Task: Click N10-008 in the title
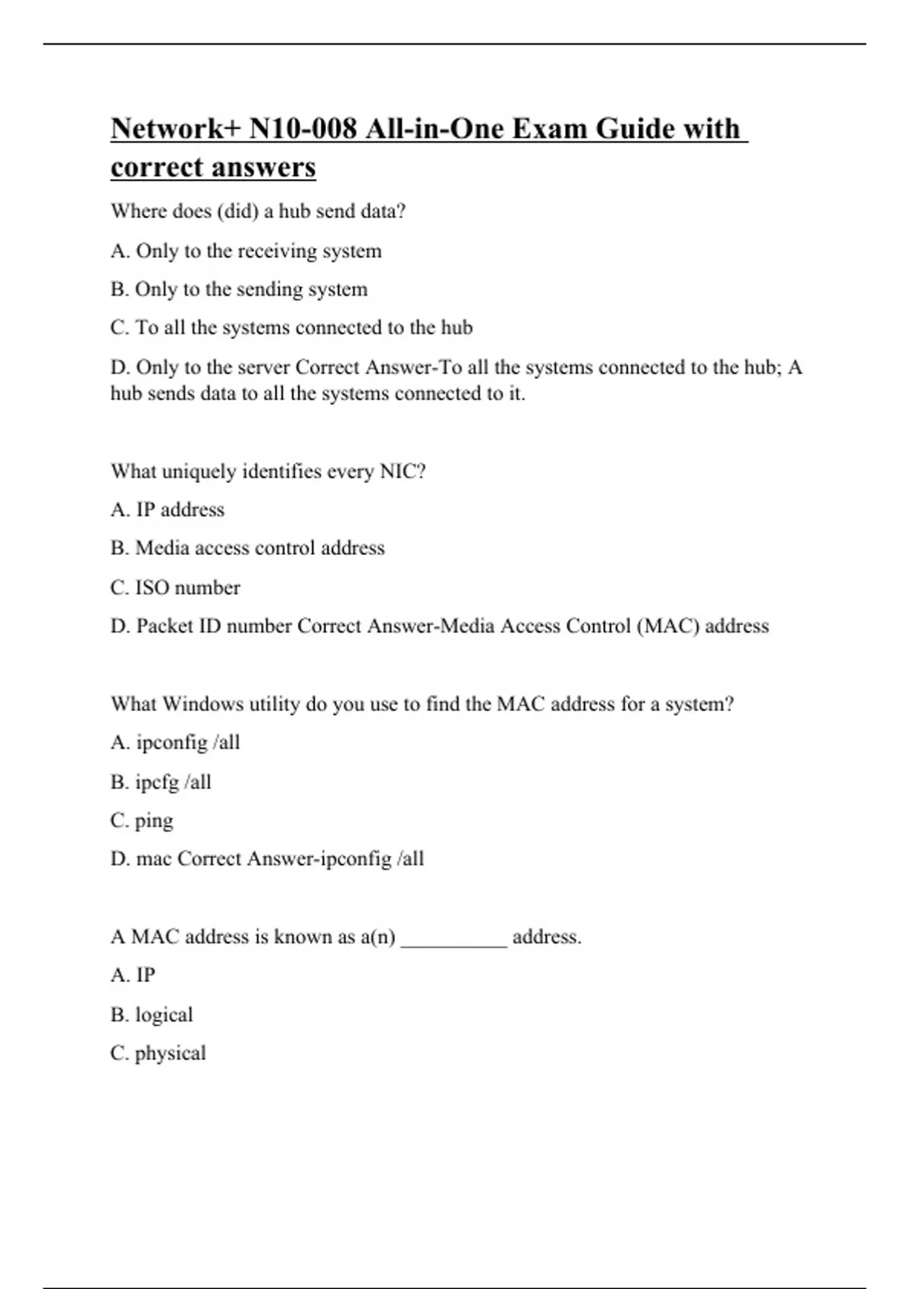click(303, 129)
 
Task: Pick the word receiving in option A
click(276, 251)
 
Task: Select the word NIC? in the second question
click(403, 472)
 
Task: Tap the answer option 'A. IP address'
click(168, 510)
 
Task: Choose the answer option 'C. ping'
click(142, 821)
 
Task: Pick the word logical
click(164, 1015)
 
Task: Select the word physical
click(170, 1054)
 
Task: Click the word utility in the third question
click(275, 704)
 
